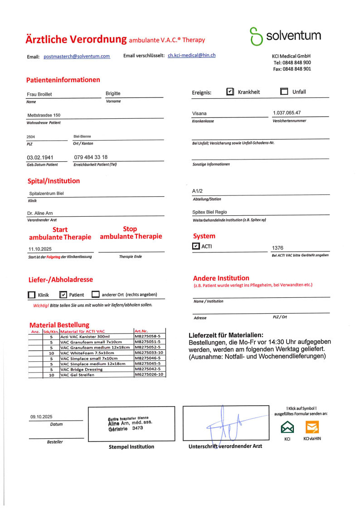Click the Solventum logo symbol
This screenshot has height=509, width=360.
257,36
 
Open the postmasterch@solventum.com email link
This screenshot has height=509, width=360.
77,56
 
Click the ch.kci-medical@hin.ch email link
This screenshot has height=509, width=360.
191,55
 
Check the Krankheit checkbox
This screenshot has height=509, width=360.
230,92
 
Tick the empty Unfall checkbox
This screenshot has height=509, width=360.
284,92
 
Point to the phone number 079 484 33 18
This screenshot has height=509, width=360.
91,157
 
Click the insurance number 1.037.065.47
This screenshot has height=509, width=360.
287,112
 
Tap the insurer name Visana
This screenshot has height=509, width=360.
199,113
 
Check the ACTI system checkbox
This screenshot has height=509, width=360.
196,247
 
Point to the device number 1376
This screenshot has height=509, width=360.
277,248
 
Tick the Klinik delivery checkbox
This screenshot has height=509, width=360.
31,295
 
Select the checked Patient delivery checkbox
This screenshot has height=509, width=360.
63,295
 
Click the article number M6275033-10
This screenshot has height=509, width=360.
149,353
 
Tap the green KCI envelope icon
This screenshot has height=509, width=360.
287,427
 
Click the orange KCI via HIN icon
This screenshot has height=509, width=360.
312,427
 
